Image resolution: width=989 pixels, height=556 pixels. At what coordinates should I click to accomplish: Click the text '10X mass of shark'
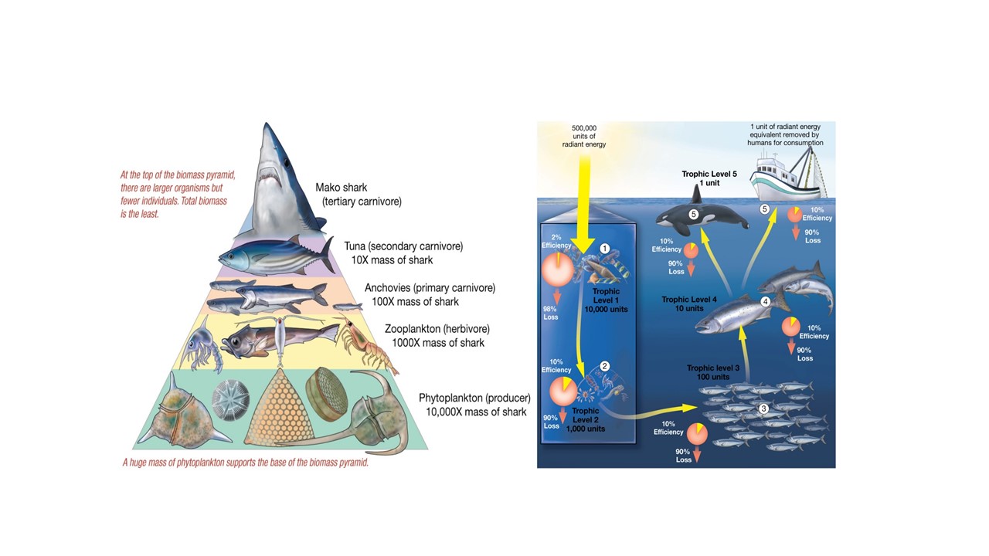[x=393, y=260]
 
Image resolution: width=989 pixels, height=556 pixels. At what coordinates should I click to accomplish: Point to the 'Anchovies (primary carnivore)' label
[x=430, y=288]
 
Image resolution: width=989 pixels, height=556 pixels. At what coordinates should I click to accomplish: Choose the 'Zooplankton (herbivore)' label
[x=437, y=329]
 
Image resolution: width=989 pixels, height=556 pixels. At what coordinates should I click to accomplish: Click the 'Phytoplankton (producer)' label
[x=474, y=398]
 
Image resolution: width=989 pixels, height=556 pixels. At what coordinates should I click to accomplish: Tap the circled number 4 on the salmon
[x=765, y=302]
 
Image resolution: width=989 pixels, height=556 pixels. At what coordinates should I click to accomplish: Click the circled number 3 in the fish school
[x=763, y=409]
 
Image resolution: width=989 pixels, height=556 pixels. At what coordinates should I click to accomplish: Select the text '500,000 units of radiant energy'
[x=584, y=136]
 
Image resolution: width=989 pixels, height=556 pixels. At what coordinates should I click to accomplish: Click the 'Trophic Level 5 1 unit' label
[x=709, y=179]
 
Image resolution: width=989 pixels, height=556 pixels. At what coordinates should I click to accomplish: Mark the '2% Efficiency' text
[x=556, y=241]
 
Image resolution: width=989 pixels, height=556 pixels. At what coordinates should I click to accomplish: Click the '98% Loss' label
[x=551, y=314]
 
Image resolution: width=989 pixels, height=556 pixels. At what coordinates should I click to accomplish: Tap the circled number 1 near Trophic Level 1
[x=605, y=249]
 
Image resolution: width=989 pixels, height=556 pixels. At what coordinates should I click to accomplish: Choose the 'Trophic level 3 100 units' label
[x=712, y=372]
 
